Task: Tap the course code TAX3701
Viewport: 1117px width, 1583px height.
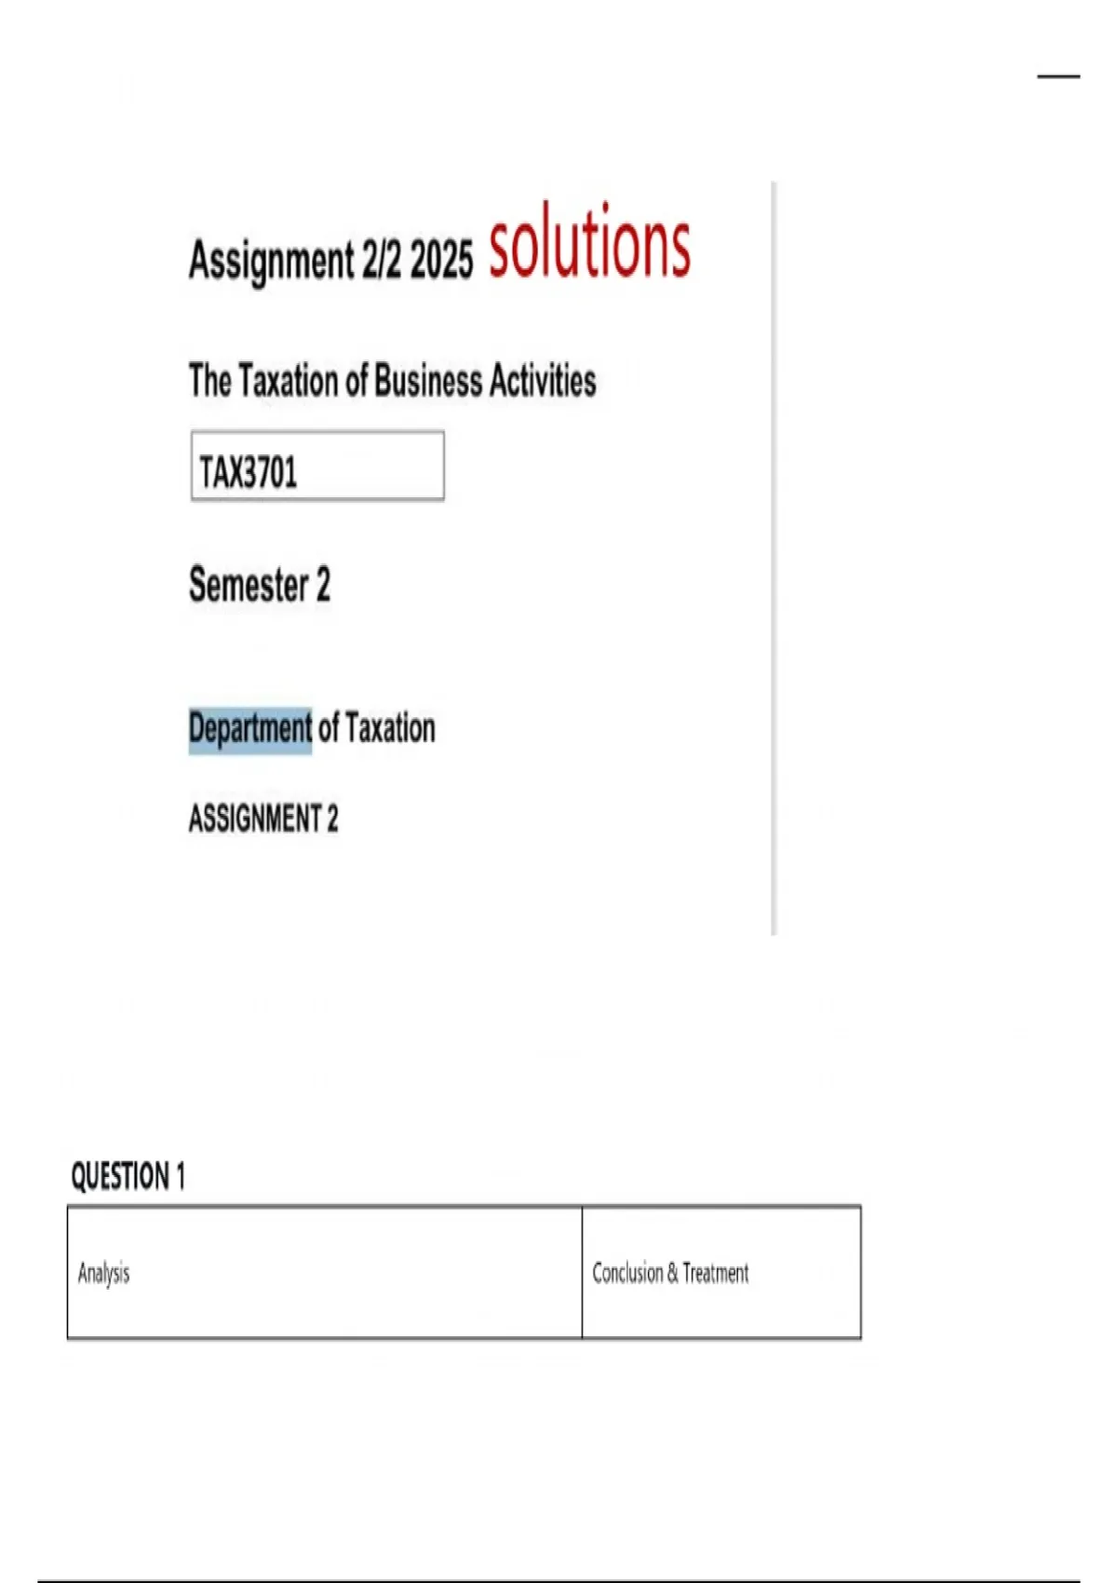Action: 249,471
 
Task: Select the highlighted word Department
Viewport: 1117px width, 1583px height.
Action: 250,728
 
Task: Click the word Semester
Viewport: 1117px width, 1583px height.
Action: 249,585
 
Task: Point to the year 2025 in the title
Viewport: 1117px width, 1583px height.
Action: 441,259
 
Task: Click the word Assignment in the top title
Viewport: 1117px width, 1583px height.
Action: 271,259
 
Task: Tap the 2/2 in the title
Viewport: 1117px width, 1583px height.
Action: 381,259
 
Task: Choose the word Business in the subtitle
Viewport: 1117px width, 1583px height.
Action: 428,381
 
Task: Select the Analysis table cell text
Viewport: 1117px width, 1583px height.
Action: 104,1273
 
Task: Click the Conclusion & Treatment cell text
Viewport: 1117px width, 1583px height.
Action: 670,1273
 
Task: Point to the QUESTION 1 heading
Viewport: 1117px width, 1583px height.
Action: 128,1176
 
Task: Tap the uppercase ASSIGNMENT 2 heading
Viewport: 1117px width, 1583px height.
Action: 263,819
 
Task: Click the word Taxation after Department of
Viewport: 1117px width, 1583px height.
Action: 390,728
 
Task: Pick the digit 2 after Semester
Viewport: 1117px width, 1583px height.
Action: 323,585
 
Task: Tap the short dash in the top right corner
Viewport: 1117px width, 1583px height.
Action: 1058,76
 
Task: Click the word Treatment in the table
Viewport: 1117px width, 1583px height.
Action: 716,1273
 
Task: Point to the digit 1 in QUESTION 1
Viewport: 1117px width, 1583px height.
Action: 181,1176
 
